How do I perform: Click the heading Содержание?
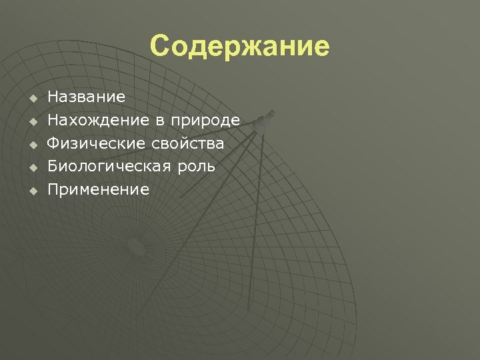(239, 47)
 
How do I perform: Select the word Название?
(86, 97)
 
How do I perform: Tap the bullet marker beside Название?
(31, 99)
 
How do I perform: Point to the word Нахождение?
(98, 121)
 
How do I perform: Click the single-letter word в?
(160, 121)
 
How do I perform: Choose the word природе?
(205, 121)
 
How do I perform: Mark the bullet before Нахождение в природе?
(31, 123)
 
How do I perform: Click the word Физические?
(95, 144)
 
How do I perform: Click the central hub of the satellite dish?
(135, 248)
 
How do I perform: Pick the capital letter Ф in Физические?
(55, 144)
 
